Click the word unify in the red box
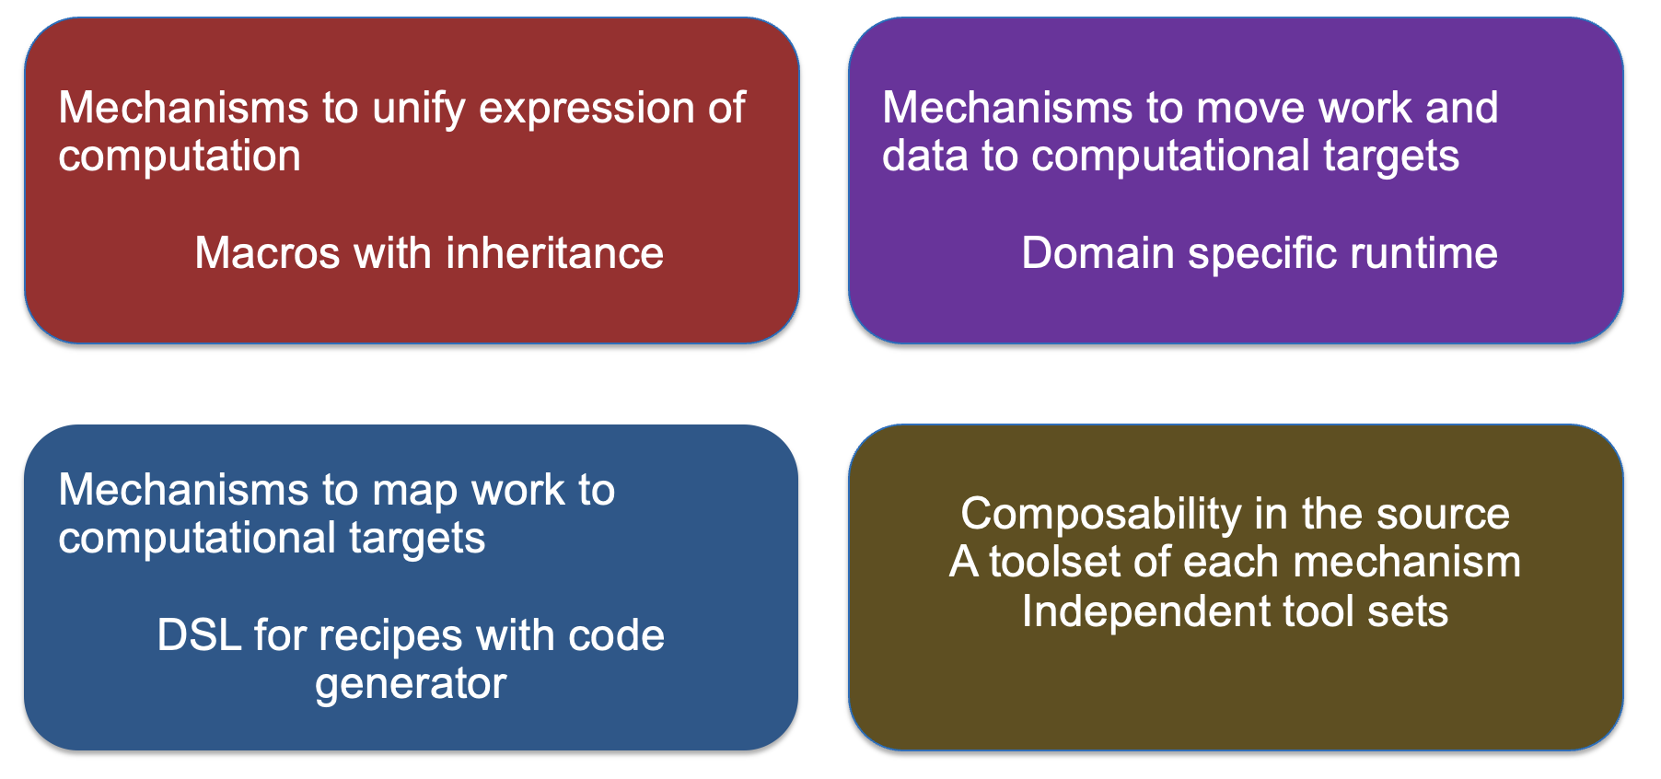[419, 110]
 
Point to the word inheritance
[555, 252]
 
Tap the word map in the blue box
[415, 492]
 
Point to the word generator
[411, 685]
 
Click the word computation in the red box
[180, 157]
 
